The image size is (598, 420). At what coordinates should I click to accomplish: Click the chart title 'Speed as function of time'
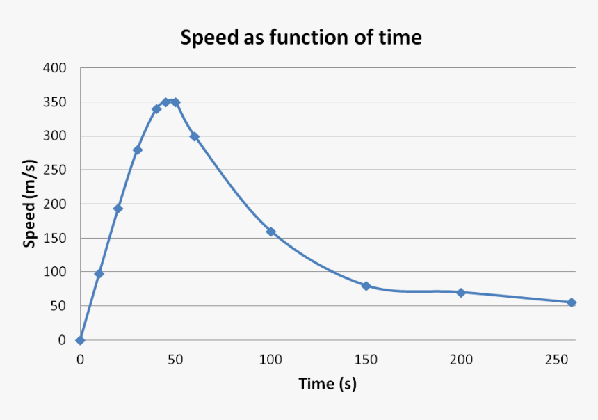(x=300, y=37)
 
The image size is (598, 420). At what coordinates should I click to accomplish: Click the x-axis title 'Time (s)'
(x=328, y=384)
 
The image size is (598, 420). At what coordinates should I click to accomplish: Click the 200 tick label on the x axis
(x=461, y=360)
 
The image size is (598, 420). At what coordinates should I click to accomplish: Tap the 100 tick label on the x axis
(x=270, y=360)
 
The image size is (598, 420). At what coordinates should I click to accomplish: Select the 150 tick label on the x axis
(x=366, y=360)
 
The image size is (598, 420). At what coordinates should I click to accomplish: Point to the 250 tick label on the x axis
(x=556, y=360)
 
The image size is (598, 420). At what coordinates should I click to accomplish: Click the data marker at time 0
(x=81, y=340)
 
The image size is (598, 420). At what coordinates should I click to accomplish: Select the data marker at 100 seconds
(x=270, y=232)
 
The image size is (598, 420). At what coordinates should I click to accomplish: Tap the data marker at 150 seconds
(x=366, y=286)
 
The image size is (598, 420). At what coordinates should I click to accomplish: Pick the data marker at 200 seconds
(x=461, y=293)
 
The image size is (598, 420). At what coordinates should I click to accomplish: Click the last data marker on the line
(x=572, y=302)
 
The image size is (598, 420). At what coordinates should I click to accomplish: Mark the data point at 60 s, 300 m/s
(x=195, y=136)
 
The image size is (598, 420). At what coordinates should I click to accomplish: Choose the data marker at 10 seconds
(x=99, y=274)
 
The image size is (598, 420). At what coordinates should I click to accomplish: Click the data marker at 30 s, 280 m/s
(x=138, y=150)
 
